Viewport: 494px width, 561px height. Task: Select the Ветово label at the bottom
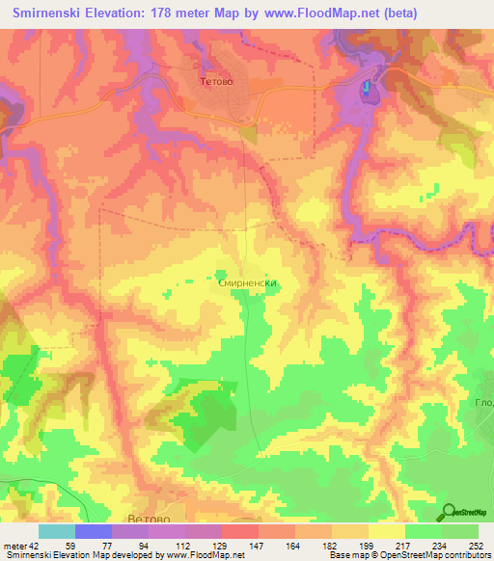[x=150, y=518]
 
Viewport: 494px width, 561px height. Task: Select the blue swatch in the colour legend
[x=93, y=531]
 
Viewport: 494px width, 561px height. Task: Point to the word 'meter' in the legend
[x=14, y=545]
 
